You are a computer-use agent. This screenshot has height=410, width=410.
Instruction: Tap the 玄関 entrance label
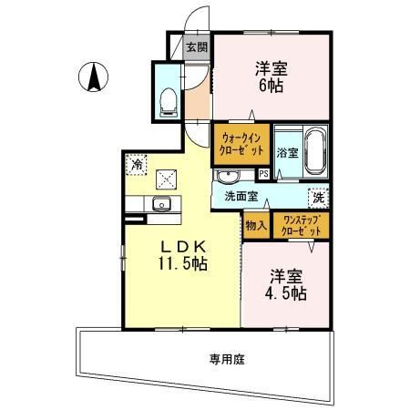pyautogui.click(x=197, y=47)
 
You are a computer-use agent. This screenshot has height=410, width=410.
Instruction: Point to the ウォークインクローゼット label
pyautogui.click(x=241, y=143)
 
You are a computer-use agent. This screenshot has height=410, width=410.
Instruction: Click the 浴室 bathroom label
pyautogui.click(x=287, y=153)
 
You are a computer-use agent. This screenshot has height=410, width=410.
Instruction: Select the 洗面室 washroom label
pyautogui.click(x=241, y=196)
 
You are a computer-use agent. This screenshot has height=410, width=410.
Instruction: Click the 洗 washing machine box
pyautogui.click(x=320, y=196)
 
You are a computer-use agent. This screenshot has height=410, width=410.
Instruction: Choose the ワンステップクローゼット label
pyautogui.click(x=302, y=224)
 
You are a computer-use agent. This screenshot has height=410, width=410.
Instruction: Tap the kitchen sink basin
pyautogui.click(x=163, y=203)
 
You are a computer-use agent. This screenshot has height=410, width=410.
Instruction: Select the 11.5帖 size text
pyautogui.click(x=185, y=265)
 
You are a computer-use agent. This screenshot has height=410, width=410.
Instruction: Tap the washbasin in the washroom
pyautogui.click(x=228, y=175)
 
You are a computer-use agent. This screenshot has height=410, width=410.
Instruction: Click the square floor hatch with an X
pyautogui.click(x=168, y=179)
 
